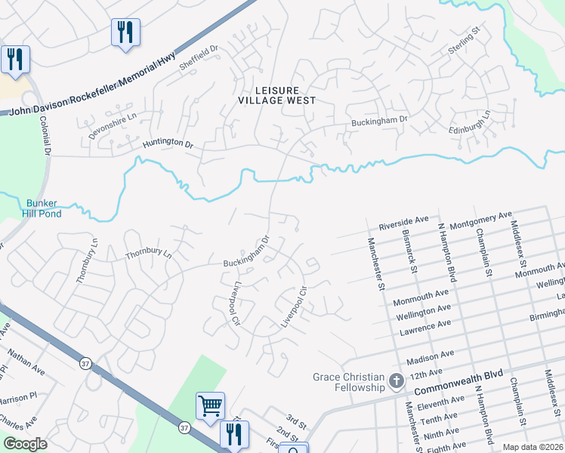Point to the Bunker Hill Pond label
[x=44, y=208]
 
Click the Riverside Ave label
[x=404, y=224]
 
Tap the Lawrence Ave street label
[x=425, y=325]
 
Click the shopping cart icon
[x=210, y=405]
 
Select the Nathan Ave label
[x=27, y=362]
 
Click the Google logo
[x=25, y=444]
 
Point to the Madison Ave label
[x=430, y=353]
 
